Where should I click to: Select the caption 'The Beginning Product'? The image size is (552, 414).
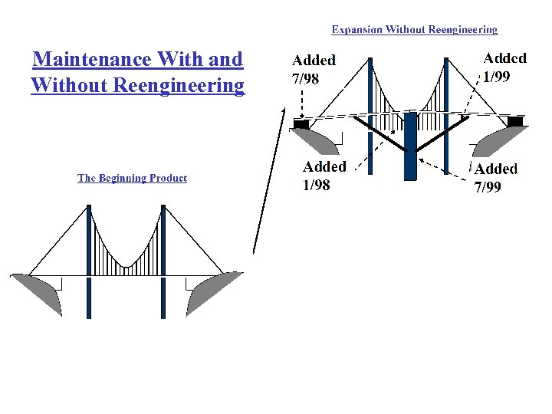[x=132, y=178]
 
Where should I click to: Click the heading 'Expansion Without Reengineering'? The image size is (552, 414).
[x=414, y=30]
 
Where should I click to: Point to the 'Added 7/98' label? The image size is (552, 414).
[x=314, y=68]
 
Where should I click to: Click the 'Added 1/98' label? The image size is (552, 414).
[x=324, y=175]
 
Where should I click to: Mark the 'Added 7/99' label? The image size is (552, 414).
[x=496, y=177]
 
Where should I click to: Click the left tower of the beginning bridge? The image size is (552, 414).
[x=89, y=261]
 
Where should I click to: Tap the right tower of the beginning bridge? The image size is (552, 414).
[x=163, y=261]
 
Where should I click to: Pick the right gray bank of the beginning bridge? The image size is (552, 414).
[x=210, y=291]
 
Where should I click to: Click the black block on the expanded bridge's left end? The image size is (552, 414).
[x=301, y=122]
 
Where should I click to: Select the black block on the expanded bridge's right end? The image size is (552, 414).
[x=515, y=121]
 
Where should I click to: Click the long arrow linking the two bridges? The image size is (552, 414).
[x=268, y=184]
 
